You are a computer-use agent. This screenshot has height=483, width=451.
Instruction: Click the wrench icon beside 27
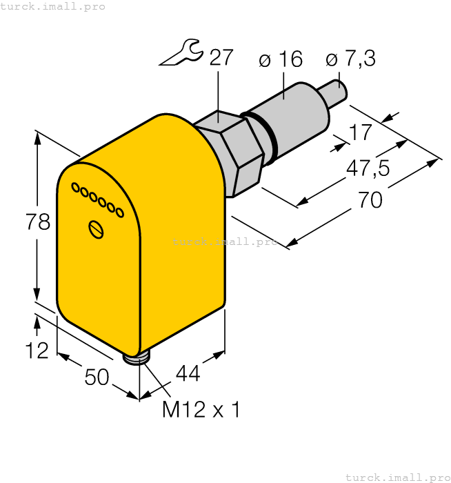(x=181, y=53)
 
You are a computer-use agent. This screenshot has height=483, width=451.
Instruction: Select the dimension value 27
(x=221, y=57)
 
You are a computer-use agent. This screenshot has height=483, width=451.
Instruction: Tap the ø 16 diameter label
(x=281, y=60)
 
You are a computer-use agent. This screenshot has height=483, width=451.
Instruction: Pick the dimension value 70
(x=370, y=200)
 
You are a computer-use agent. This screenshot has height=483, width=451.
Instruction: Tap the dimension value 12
(x=37, y=351)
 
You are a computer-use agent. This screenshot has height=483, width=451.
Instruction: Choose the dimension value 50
(x=97, y=377)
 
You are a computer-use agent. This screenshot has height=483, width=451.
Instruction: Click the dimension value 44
(x=188, y=373)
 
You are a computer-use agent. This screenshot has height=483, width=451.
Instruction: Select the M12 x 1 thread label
(x=201, y=410)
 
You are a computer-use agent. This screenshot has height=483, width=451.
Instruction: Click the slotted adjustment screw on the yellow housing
(x=97, y=229)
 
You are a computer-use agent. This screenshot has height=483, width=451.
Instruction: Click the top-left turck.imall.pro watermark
(x=53, y=6)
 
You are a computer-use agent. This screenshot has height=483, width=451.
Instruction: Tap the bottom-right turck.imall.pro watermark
(x=397, y=477)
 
